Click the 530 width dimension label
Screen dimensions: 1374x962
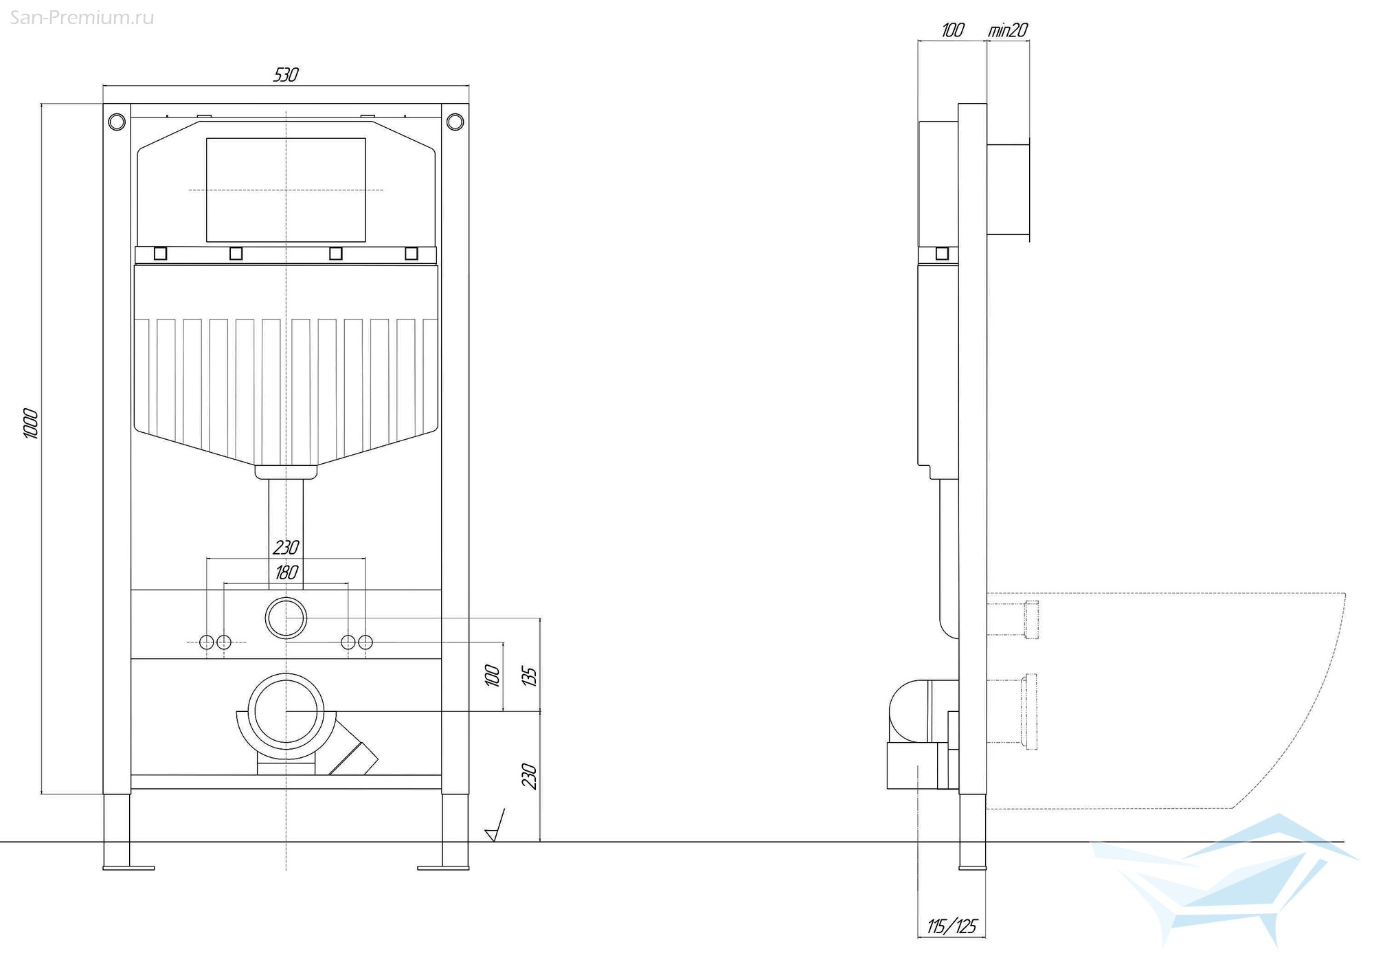coord(286,74)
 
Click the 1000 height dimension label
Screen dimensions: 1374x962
coord(32,424)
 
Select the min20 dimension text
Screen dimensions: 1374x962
coord(1008,30)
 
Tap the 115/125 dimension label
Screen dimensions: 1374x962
coord(951,926)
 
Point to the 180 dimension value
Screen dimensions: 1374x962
coord(286,572)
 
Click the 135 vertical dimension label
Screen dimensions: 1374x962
coord(529,675)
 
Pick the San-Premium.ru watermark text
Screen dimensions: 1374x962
coord(82,18)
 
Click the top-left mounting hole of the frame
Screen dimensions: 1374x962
coord(117,122)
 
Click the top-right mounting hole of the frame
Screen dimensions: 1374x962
coord(455,122)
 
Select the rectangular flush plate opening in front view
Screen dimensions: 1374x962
coord(286,190)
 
